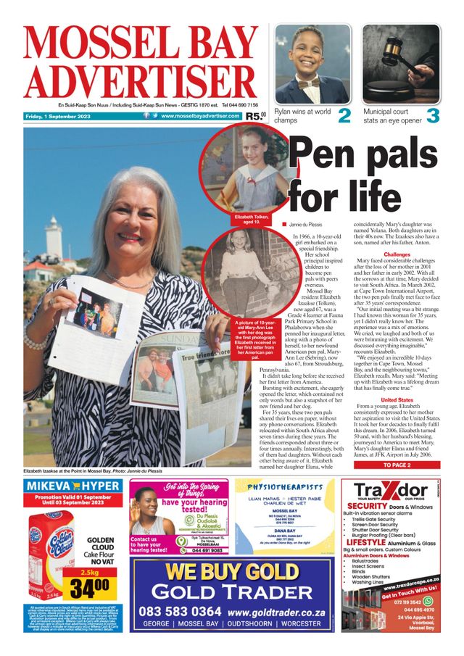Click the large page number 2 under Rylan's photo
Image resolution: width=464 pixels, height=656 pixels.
click(344, 115)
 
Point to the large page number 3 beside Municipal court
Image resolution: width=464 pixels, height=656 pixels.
click(433, 115)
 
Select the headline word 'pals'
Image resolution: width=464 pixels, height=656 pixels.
click(410, 154)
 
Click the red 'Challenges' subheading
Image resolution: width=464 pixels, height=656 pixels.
click(397, 254)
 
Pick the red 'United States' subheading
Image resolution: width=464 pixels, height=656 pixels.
click(397, 399)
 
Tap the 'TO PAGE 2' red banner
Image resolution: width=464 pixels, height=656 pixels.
click(397, 465)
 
